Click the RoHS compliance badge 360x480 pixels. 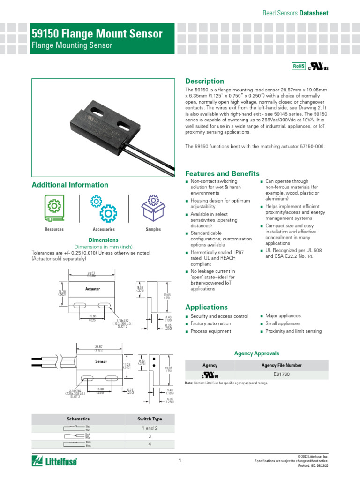(x=299, y=67)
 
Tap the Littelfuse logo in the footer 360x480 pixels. (x=54, y=461)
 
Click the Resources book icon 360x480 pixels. (x=54, y=208)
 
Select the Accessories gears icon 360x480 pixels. (x=104, y=208)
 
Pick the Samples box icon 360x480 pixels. (x=153, y=208)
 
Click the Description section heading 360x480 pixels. (x=205, y=81)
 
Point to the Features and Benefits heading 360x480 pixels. (x=222, y=173)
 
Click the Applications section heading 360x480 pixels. (x=206, y=307)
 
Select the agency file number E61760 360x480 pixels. (x=281, y=375)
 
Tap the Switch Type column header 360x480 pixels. (x=150, y=419)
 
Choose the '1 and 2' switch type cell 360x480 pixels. (x=150, y=428)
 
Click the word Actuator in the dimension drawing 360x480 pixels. (x=92, y=289)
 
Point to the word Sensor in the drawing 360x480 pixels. (x=101, y=362)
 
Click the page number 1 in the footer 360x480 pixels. (x=180, y=461)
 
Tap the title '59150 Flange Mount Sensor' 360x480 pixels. (x=97, y=34)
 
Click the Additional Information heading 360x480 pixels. (x=70, y=185)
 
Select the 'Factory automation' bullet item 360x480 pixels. (x=210, y=324)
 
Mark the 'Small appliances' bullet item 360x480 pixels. (x=283, y=324)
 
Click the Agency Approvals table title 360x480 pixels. (x=256, y=353)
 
